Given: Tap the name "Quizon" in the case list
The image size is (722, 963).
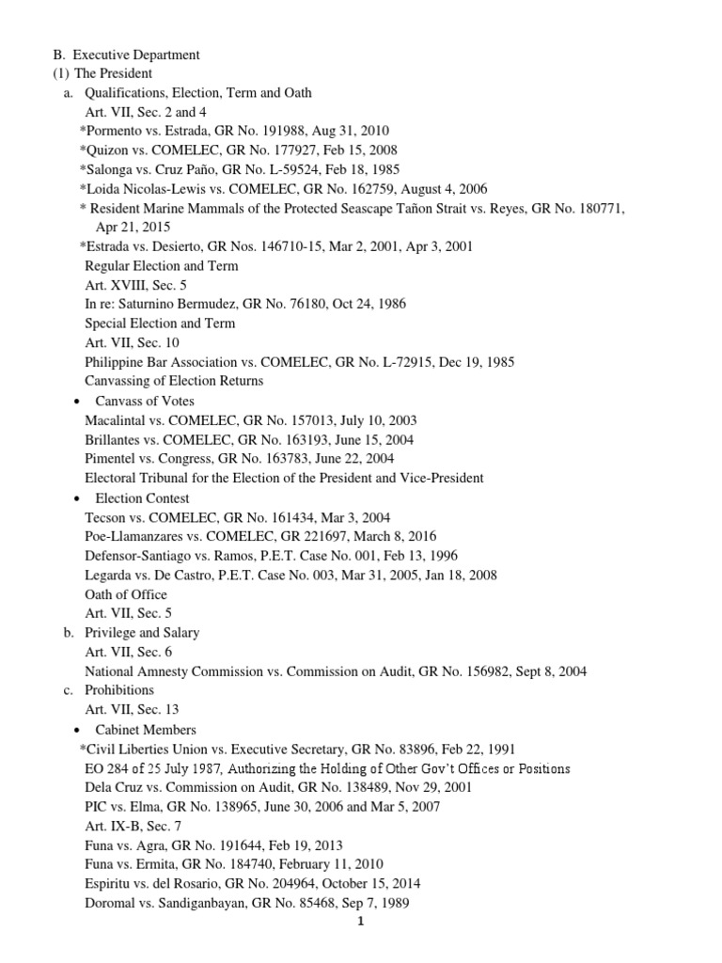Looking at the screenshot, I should coord(110,150).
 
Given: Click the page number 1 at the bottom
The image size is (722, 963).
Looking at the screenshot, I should coord(360,922).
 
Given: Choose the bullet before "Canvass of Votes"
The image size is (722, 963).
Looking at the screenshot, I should coord(74,402).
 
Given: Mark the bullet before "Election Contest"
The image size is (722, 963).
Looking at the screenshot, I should coord(74,498).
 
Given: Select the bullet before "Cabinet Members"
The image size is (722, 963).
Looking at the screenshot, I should coord(74,730).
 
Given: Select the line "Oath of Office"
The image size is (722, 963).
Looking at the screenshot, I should coord(126,594).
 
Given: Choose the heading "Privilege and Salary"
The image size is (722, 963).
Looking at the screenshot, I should coord(142,633).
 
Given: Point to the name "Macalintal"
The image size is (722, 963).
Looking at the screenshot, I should coord(118,420).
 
